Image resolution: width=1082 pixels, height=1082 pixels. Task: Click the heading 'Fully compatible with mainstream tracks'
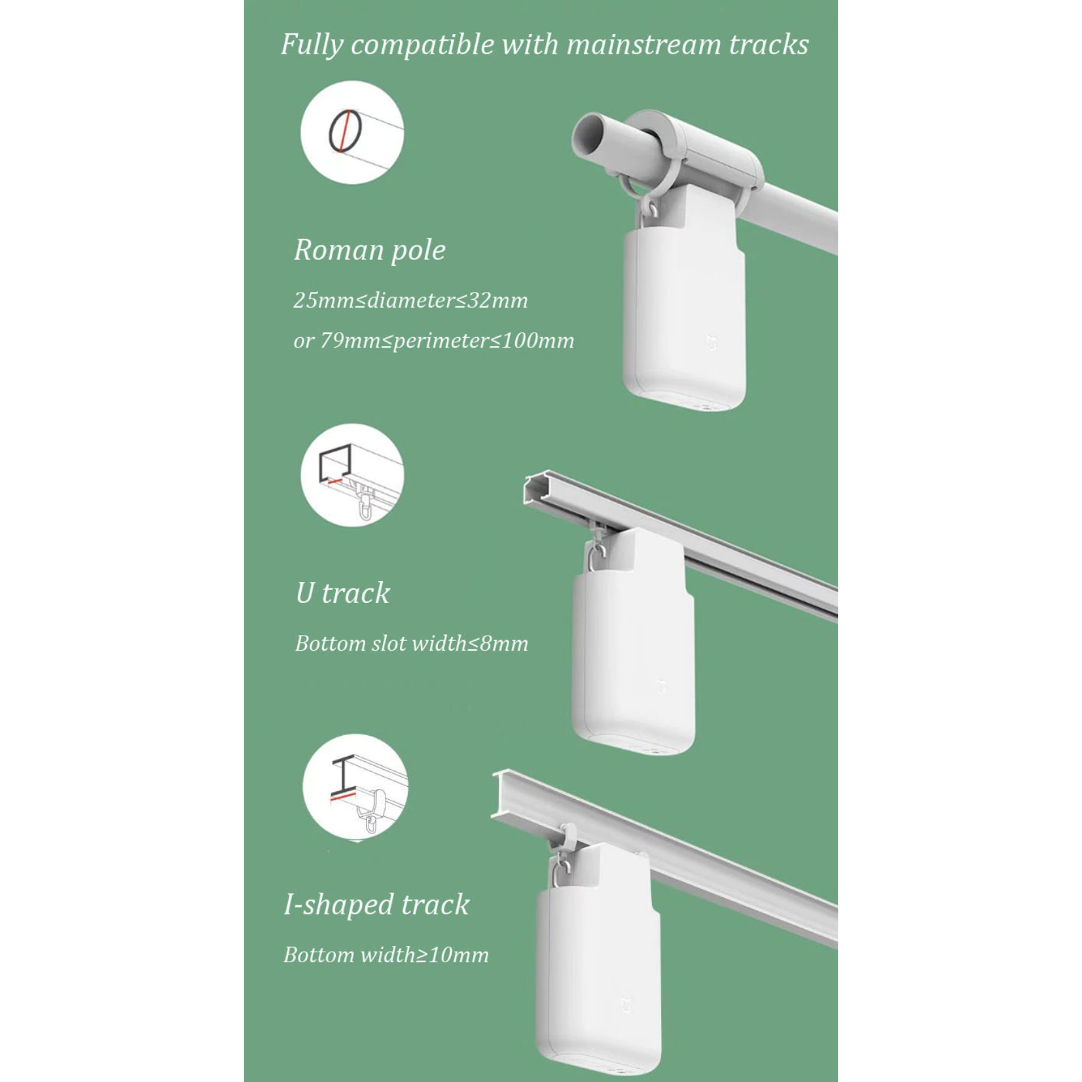pos(545,45)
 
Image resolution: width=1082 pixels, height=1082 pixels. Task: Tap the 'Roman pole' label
pos(370,250)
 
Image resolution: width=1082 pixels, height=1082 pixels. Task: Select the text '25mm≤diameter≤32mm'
pos(410,300)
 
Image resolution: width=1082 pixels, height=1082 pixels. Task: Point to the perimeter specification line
pos(433,340)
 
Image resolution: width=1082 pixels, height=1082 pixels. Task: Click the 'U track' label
pos(342,593)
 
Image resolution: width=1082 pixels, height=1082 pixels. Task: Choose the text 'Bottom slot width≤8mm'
pos(411,643)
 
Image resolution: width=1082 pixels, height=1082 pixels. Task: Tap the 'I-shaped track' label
pos(376,905)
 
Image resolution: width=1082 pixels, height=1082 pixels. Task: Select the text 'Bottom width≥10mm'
pos(386,955)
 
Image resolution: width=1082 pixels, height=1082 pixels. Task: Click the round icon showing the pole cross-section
pos(352,132)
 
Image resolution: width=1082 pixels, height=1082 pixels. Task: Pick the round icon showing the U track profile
pos(352,475)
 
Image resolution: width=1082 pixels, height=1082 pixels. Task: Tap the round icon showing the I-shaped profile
pos(355,787)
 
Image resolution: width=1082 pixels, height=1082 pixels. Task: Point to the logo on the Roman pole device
pos(712,342)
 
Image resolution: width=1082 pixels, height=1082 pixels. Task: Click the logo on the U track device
pos(661,687)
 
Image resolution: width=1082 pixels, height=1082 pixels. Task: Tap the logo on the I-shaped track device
pos(626,1005)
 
